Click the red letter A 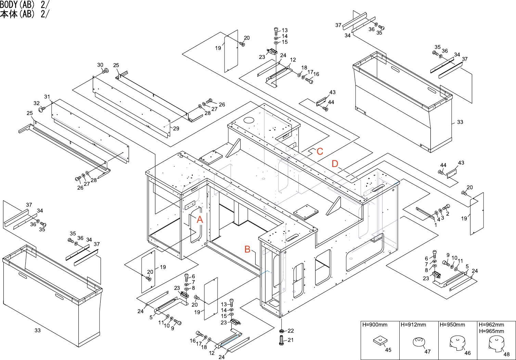[200, 219]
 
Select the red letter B [247, 249]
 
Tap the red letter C [320, 151]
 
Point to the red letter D [335, 164]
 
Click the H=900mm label [375, 325]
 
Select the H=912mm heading [413, 325]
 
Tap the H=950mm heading [452, 325]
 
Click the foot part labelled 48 [496, 343]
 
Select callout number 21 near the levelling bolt [291, 340]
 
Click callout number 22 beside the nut [291, 331]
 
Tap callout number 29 [176, 129]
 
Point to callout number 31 [47, 97]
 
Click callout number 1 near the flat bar [436, 225]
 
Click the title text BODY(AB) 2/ [25, 4]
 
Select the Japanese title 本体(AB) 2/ [25, 14]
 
